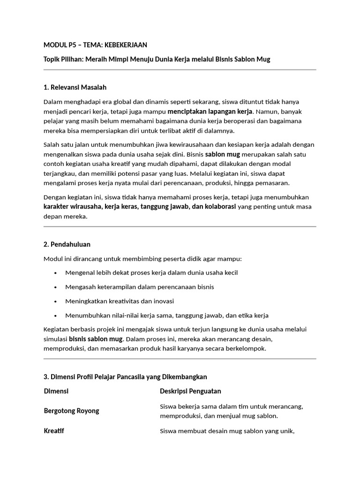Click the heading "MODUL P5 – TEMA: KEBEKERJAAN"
[95, 45]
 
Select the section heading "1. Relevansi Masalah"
[75, 87]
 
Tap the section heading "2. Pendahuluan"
[67, 244]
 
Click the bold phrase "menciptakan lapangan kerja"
[211, 111]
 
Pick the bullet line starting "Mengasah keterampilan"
[139, 287]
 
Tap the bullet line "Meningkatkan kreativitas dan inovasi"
[120, 301]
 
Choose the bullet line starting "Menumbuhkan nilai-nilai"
[166, 315]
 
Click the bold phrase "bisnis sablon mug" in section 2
[96, 339]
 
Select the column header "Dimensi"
[56, 391]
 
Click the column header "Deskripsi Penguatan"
[190, 391]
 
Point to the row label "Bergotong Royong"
[71, 411]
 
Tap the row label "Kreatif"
[54, 431]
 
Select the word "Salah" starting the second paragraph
[52, 144]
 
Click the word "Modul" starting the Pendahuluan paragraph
[53, 259]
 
